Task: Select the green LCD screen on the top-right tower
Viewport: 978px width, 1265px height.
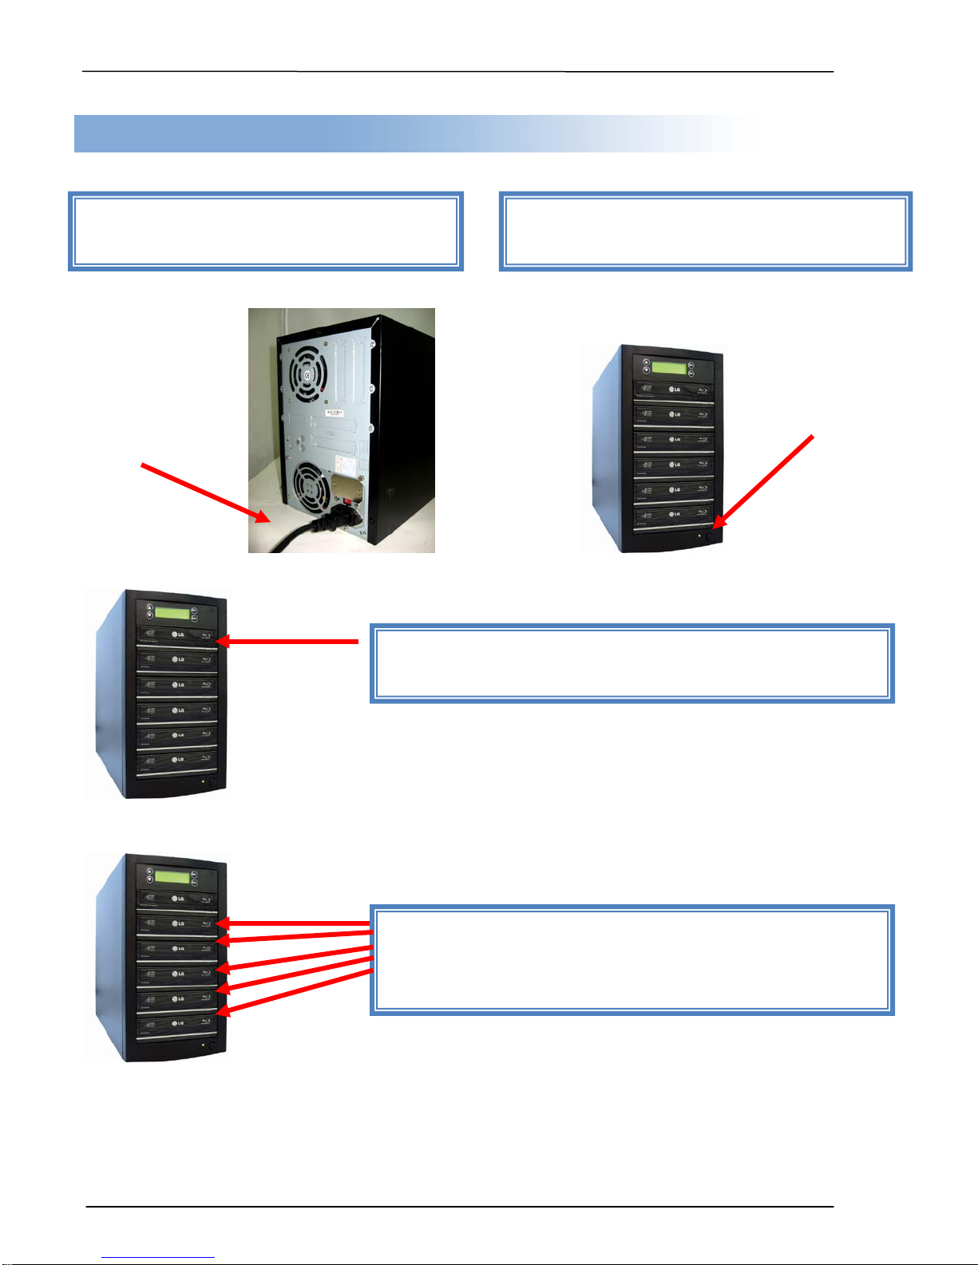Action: [x=668, y=368]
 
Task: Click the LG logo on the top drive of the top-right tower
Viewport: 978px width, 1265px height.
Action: [x=675, y=389]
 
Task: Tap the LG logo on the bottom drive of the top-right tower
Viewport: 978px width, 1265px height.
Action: [x=675, y=514]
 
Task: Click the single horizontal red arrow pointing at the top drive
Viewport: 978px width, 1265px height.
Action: [x=287, y=640]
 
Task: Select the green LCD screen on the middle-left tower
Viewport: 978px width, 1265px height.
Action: [x=172, y=614]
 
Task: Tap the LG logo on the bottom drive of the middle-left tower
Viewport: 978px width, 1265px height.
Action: [x=180, y=760]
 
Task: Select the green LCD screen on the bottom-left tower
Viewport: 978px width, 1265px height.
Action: [x=172, y=877]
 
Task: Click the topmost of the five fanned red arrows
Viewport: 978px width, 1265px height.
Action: [x=295, y=923]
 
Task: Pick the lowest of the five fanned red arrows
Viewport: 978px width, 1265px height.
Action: [x=295, y=992]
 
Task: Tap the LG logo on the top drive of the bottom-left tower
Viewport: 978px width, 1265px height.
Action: [x=180, y=899]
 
